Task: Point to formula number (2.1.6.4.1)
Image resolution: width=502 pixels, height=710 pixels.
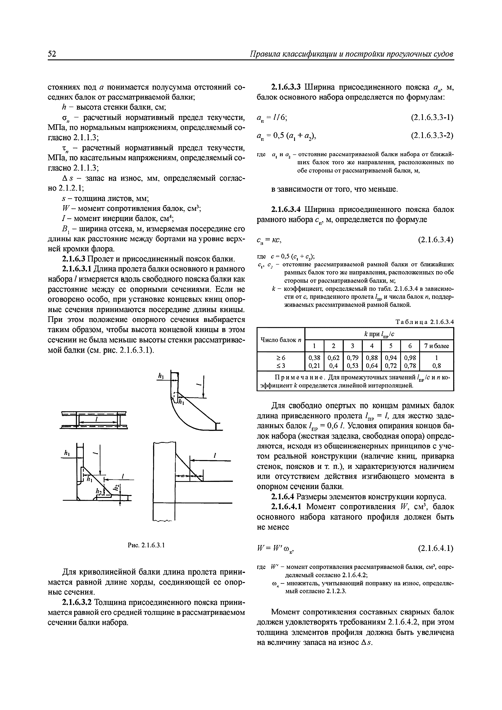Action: point(435,548)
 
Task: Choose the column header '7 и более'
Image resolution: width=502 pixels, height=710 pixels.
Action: point(436,346)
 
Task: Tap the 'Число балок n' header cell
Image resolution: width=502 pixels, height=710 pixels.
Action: point(281,340)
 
